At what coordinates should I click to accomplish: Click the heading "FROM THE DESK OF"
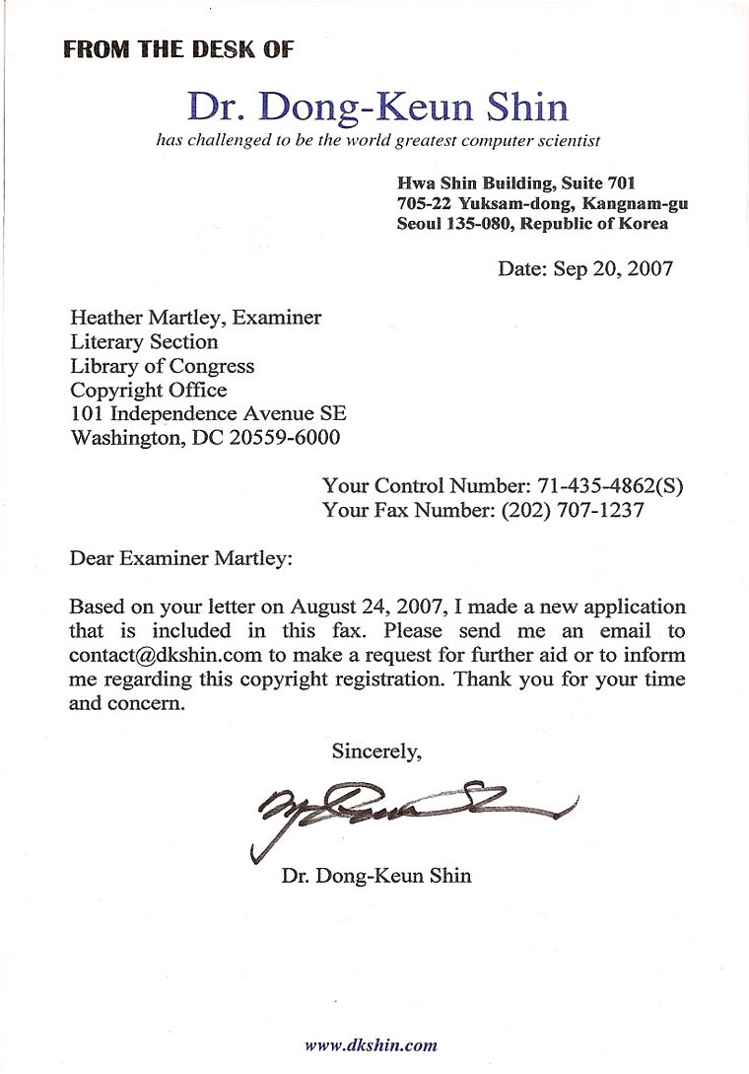[178, 50]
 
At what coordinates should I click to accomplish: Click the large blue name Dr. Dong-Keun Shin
[377, 107]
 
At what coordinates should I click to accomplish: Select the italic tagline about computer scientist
[378, 141]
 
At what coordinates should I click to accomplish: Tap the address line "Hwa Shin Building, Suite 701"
[515, 182]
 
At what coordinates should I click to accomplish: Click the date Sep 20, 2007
[613, 268]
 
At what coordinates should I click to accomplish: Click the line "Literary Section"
[144, 342]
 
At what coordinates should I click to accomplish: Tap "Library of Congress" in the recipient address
[162, 366]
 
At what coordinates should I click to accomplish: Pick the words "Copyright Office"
[148, 390]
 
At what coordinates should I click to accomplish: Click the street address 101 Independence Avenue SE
[208, 413]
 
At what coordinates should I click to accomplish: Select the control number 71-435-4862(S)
[610, 486]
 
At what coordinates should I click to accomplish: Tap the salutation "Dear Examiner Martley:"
[181, 559]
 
